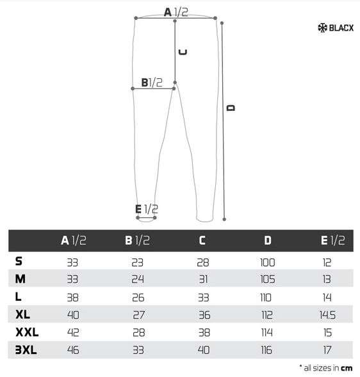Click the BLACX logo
click(x=336, y=28)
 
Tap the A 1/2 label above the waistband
click(x=176, y=12)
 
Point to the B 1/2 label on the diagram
click(x=152, y=83)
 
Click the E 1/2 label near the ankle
click(x=147, y=209)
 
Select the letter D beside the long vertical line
click(x=231, y=108)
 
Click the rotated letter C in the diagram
click(x=183, y=52)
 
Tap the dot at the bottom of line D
click(x=224, y=219)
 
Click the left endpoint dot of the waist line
click(x=136, y=18)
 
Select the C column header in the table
click(x=202, y=240)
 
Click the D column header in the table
click(x=268, y=240)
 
